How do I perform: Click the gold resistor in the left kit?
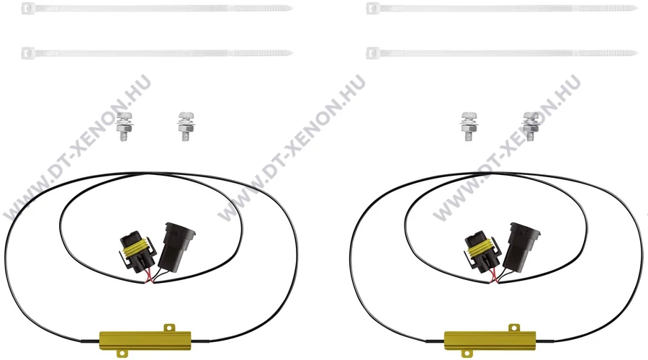[145, 340]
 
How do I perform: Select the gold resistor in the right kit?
[490, 340]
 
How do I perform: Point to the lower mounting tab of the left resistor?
[121, 353]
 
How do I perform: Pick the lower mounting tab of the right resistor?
[466, 353]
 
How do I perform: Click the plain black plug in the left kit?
[176, 247]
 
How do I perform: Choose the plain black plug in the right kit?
[521, 247]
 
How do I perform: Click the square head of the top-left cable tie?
[27, 8]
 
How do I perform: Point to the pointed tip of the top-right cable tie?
[638, 8]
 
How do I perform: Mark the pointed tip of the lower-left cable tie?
[292, 53]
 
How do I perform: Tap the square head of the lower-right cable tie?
[373, 53]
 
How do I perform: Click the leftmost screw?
[124, 126]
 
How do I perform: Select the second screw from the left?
[186, 126]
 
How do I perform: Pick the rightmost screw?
[530, 126]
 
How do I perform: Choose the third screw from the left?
[468, 126]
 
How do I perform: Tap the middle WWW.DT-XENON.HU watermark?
[292, 148]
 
